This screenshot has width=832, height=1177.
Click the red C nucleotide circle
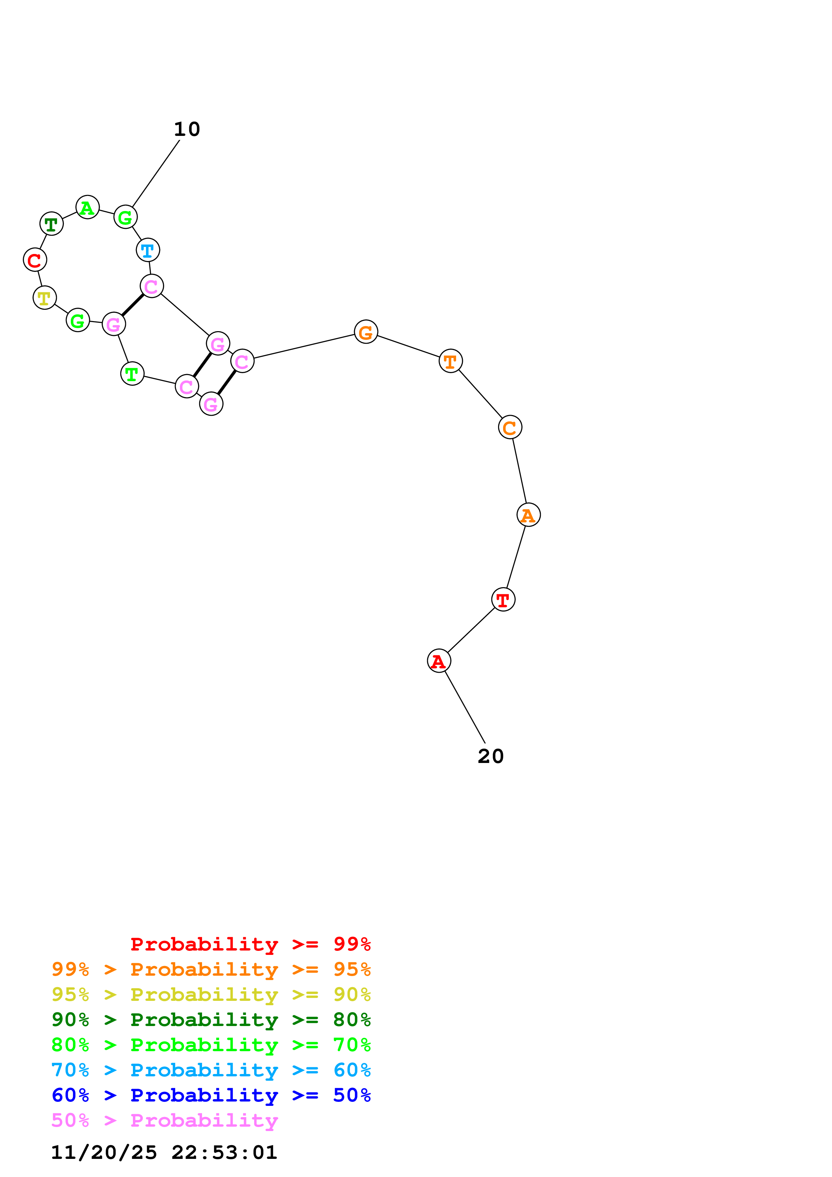35,260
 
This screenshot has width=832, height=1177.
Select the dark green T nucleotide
51,223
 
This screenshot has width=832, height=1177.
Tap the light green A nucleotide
88,207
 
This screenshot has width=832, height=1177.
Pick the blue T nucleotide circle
148,250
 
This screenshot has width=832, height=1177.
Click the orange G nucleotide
366,332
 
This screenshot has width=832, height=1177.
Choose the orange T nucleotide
451,361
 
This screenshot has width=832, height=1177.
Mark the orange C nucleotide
510,427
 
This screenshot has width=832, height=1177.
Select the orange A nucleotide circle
529,515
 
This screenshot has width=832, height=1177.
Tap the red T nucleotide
503,599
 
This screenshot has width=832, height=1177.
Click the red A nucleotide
439,661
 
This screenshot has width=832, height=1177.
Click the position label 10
187,129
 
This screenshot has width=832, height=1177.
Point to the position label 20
491,756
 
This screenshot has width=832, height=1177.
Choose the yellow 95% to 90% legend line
211,994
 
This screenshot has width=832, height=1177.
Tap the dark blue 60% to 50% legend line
211,1095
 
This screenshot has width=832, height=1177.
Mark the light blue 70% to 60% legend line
211,1070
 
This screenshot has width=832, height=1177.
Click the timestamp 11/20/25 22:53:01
164,1153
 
